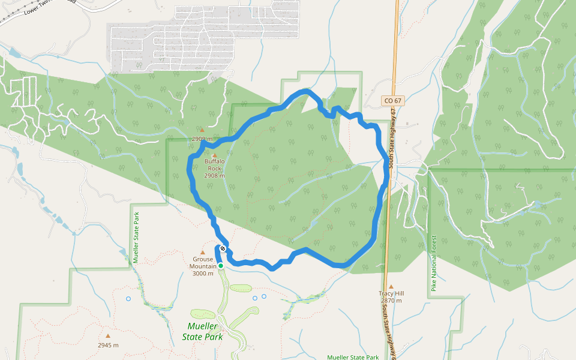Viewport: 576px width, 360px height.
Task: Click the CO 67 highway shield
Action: point(392,100)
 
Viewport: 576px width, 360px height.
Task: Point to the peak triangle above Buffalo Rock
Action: point(214,155)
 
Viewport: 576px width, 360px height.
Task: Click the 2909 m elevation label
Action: point(202,139)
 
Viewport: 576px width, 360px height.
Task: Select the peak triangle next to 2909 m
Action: point(202,130)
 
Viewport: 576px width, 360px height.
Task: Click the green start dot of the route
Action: point(220,265)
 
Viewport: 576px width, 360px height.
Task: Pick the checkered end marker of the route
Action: point(223,248)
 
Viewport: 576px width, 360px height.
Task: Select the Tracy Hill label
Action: point(391,293)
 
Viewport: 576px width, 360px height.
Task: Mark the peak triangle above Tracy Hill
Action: point(391,287)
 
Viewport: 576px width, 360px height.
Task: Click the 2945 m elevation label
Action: point(108,345)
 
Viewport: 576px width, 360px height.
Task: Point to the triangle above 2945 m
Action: point(108,336)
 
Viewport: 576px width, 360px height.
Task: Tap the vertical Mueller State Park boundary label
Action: point(136,237)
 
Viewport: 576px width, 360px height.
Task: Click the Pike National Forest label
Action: point(434,264)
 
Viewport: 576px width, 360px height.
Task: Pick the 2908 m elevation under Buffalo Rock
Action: point(214,176)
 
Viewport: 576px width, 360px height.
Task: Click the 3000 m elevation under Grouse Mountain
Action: point(203,274)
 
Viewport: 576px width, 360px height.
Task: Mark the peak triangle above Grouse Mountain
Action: point(203,253)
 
